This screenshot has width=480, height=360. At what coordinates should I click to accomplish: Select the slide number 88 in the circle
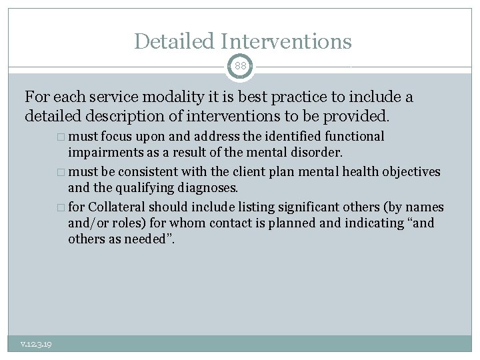(x=240, y=67)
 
